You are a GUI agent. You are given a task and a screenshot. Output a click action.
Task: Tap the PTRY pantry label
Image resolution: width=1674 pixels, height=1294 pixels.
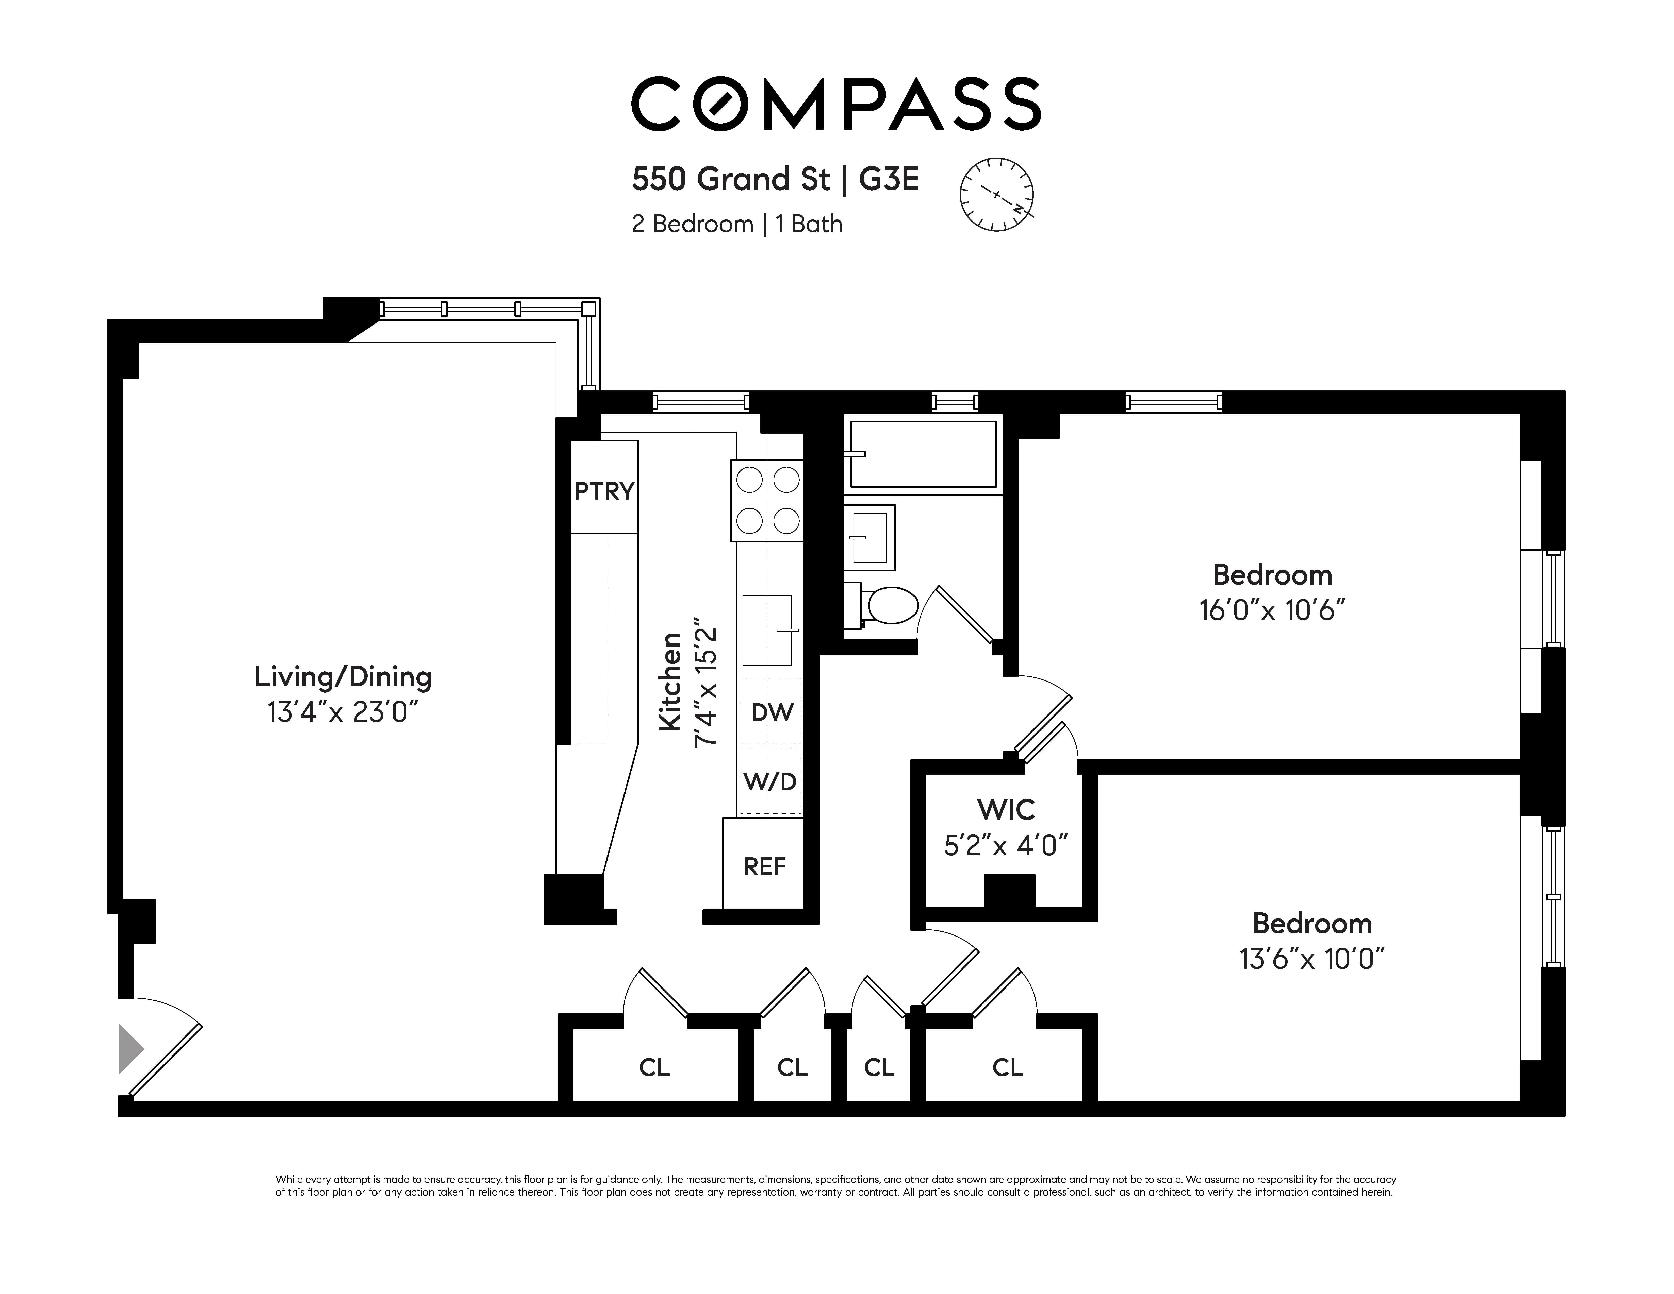[604, 490]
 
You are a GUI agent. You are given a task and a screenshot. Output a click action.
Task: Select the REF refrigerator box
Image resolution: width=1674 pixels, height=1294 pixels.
[764, 866]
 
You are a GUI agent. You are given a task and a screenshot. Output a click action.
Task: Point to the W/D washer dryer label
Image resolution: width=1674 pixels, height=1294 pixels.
[770, 781]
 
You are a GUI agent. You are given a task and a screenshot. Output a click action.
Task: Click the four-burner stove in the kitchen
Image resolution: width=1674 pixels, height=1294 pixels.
[767, 500]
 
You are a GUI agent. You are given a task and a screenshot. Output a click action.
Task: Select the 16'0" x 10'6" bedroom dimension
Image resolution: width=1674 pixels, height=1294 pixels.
[1272, 611]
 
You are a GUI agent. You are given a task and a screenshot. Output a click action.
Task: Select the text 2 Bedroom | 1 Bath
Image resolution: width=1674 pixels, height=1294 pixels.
[736, 225]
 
